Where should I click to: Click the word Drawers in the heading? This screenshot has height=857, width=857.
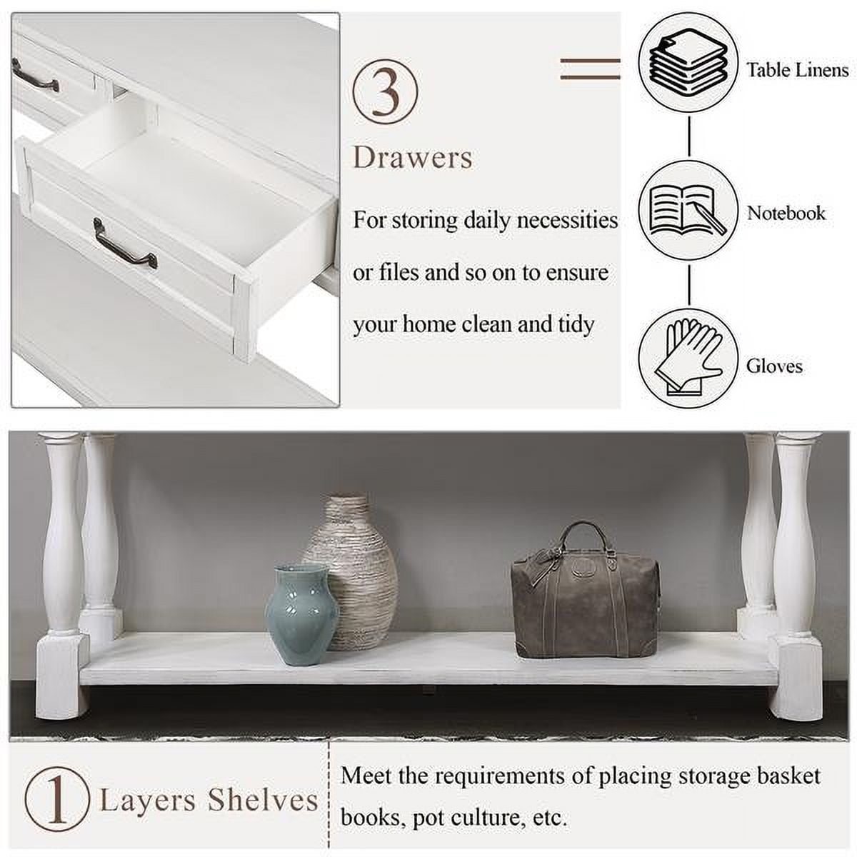(x=413, y=158)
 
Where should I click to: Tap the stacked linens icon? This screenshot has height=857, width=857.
(x=688, y=64)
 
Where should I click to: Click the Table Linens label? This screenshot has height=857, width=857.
(x=797, y=70)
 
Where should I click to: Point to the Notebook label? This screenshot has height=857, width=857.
(x=786, y=213)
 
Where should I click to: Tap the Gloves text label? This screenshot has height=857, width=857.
(x=774, y=366)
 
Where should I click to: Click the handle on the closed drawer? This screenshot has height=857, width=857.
(x=34, y=75)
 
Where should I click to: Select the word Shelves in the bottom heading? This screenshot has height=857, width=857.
(x=263, y=801)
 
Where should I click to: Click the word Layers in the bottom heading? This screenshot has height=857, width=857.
(x=147, y=801)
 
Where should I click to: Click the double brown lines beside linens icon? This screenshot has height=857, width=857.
(x=590, y=69)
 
